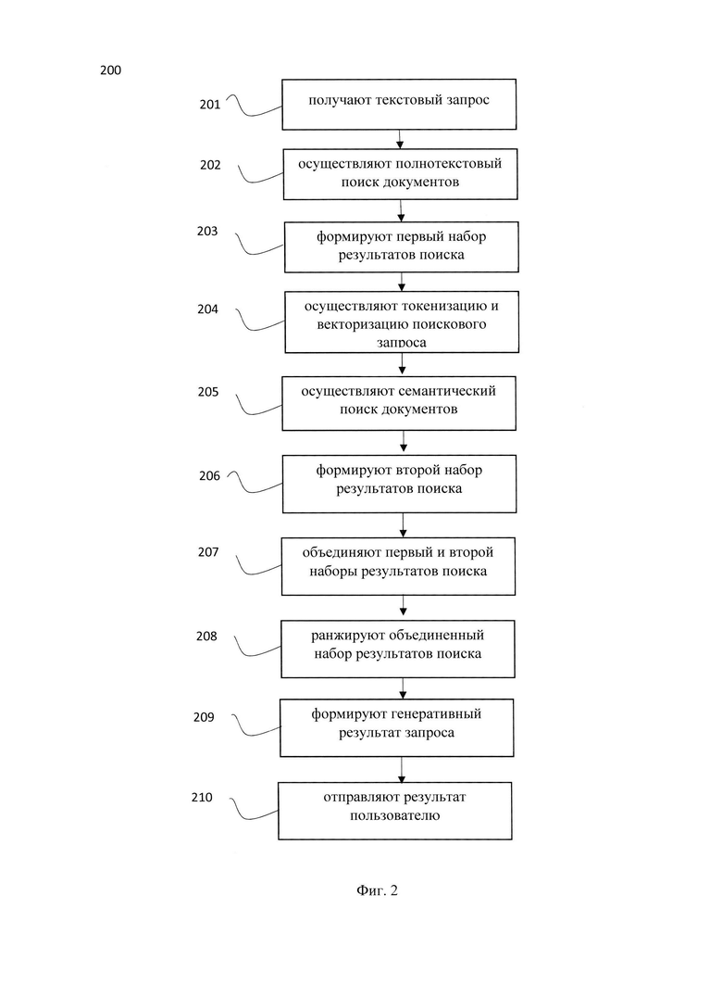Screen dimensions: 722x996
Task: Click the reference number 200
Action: (110, 69)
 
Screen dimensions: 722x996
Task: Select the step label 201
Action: (210, 104)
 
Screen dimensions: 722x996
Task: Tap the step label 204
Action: (207, 309)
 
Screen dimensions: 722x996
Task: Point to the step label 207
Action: (208, 552)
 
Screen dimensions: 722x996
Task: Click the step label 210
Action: (202, 797)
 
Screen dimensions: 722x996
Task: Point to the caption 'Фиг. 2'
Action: (377, 890)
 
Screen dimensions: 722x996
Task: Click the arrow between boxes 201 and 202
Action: (400, 139)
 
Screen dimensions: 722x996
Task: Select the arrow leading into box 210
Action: (401, 770)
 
